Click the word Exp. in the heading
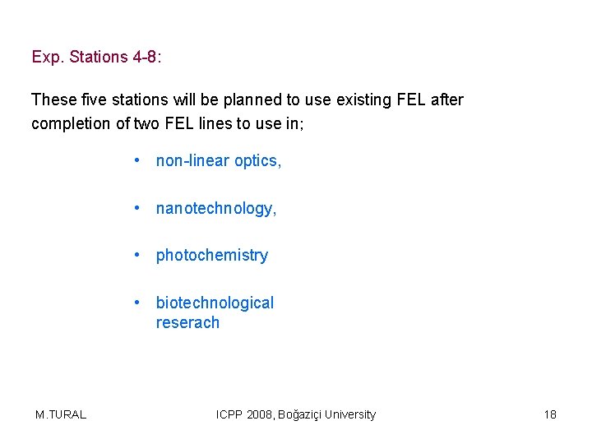click(x=48, y=58)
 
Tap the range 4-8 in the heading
click(x=145, y=58)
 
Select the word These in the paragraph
click(x=53, y=100)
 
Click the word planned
click(x=244, y=100)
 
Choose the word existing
click(x=356, y=100)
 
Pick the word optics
click(x=258, y=161)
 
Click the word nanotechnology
click(x=216, y=209)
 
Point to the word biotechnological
click(x=215, y=303)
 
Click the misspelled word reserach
click(x=187, y=323)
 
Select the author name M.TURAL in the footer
click(x=61, y=414)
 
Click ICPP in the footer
click(x=231, y=414)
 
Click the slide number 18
click(x=550, y=414)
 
